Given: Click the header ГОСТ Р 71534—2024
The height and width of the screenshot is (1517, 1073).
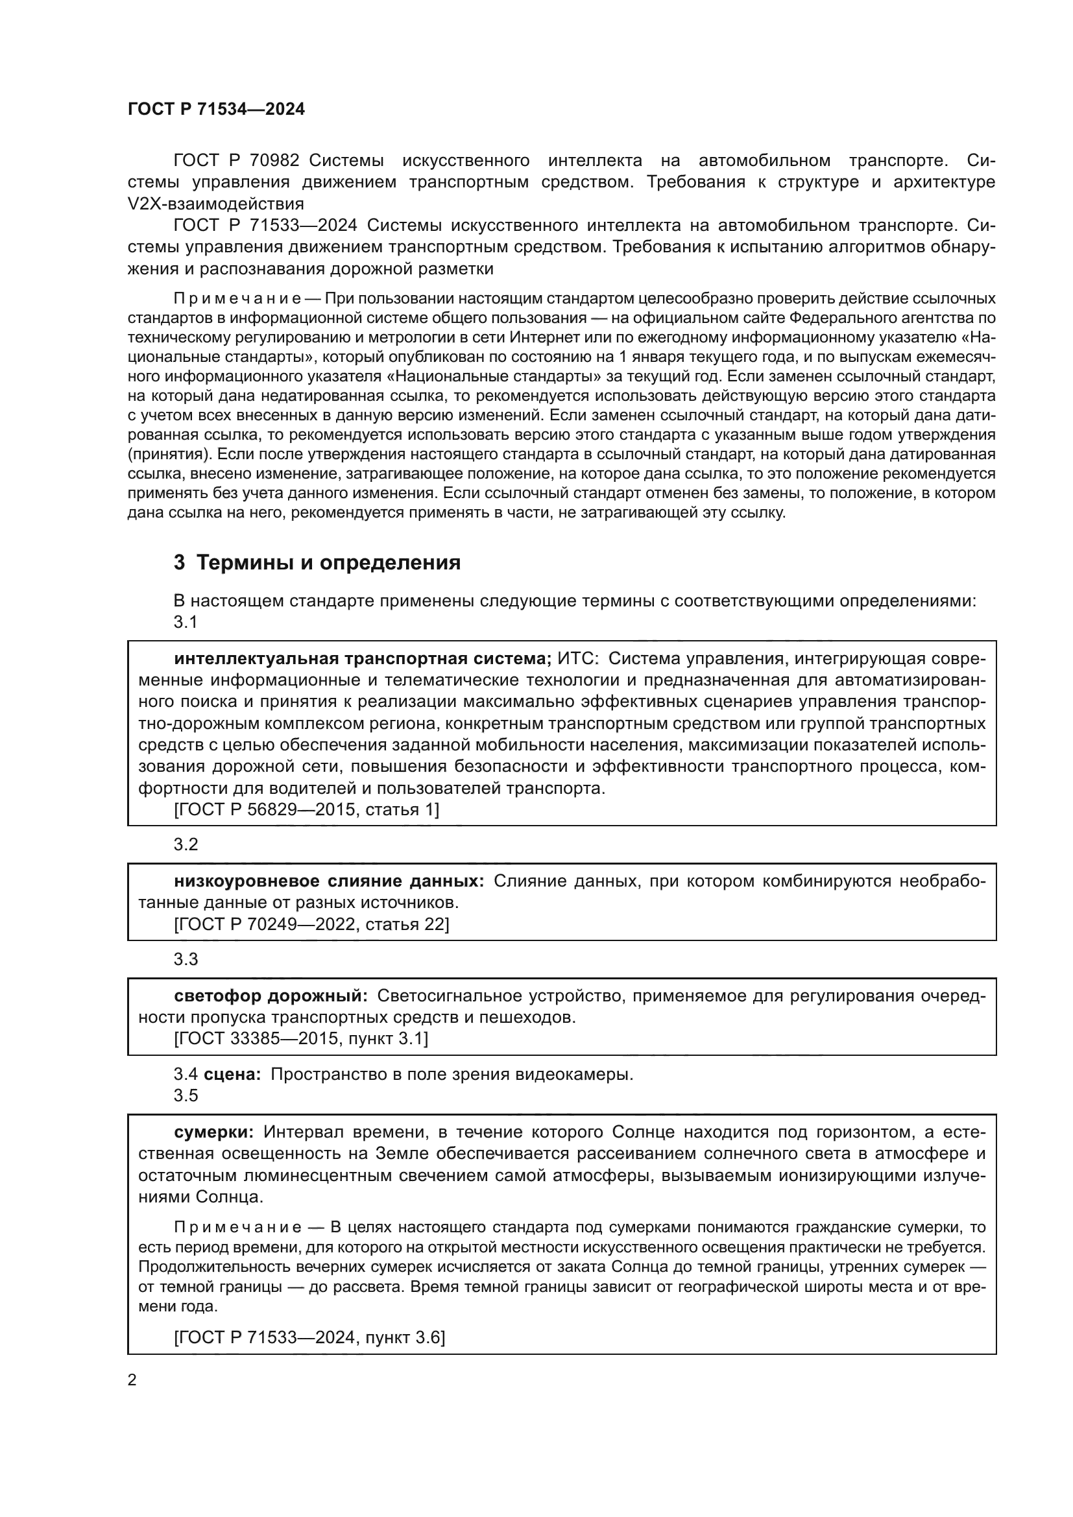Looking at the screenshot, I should point(216,110).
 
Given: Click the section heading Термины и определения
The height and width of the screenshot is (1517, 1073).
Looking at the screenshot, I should point(317,562).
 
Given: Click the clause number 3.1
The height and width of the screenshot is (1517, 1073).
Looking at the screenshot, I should point(186,623).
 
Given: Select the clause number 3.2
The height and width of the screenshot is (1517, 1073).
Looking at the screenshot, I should point(186,844).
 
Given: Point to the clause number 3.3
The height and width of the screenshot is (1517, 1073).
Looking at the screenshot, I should point(186,959).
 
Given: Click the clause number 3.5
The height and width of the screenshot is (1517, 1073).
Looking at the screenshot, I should point(186,1095).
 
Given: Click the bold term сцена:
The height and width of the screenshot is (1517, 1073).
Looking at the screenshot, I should point(233,1074).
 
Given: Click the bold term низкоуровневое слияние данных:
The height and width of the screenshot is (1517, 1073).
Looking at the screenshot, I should point(329,881).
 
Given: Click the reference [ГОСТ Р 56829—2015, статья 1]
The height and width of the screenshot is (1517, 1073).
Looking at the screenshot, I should point(307,810).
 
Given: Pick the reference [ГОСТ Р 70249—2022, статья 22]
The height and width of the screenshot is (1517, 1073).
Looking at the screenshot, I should point(311,924).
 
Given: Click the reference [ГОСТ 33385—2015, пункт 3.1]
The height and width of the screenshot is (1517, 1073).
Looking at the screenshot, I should point(300,1039).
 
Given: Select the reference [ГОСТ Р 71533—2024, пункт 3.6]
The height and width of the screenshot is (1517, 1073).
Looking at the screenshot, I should point(309,1338).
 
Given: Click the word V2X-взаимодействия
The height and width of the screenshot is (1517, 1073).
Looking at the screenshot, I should point(215,204).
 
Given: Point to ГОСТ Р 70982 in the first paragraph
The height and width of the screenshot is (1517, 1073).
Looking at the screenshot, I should point(237,161).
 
